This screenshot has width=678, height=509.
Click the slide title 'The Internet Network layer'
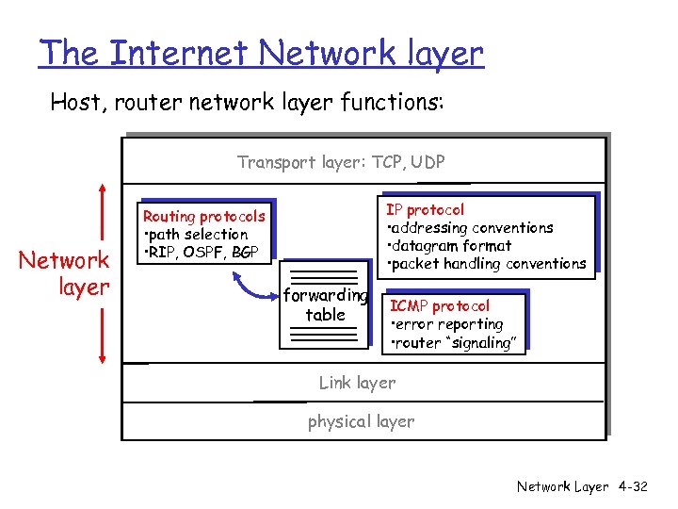click(260, 53)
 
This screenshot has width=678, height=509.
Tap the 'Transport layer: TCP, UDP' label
click(341, 162)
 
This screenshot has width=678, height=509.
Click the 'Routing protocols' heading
click(203, 217)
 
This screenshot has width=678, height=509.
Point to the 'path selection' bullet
click(196, 235)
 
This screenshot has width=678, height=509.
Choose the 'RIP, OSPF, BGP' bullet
click(201, 252)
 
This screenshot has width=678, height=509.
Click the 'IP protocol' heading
click(425, 209)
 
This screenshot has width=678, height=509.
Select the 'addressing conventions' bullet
click(470, 227)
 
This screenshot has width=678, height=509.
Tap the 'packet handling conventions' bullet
click(486, 264)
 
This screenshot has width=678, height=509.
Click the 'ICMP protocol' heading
click(440, 306)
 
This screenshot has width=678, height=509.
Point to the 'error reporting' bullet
click(447, 324)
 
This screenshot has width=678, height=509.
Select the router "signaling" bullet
click(453, 343)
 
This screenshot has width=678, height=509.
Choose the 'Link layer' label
click(357, 383)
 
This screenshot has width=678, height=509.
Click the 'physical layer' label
click(361, 421)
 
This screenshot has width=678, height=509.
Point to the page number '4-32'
click(632, 486)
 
